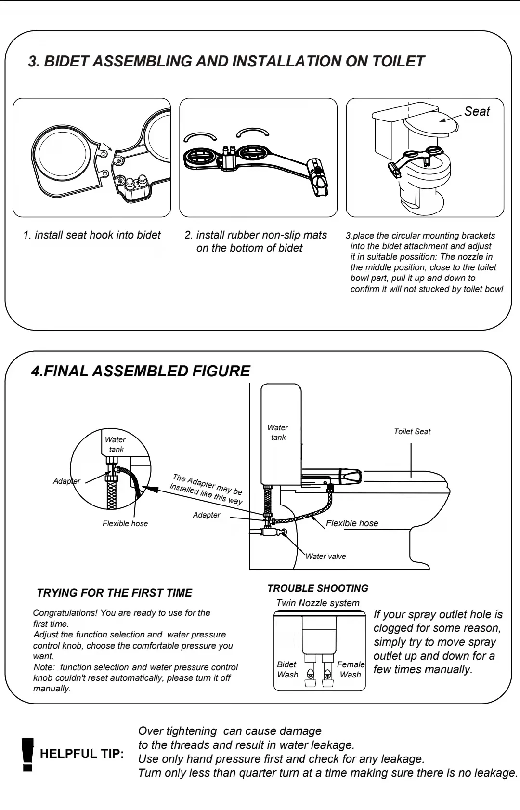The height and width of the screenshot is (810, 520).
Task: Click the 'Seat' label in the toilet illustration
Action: (477, 111)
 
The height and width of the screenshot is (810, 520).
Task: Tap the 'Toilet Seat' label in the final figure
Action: (412, 432)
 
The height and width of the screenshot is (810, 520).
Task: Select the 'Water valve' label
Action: (325, 556)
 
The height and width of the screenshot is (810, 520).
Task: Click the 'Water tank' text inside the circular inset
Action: (116, 444)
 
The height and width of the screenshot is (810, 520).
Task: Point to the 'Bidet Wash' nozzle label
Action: (287, 669)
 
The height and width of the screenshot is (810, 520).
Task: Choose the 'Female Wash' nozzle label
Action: (351, 669)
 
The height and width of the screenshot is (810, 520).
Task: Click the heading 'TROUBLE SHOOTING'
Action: (318, 588)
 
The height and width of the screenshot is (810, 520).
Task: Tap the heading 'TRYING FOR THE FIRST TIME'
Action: (115, 593)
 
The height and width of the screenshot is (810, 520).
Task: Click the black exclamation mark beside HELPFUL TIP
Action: (28, 755)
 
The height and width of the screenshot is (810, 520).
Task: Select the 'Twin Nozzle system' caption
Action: (318, 603)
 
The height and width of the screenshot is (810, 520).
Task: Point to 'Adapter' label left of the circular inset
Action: (66, 481)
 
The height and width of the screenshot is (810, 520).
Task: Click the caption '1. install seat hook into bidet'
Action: (92, 235)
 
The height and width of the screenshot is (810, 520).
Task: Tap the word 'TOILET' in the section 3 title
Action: (398, 61)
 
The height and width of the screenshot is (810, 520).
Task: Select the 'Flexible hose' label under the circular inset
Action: (125, 523)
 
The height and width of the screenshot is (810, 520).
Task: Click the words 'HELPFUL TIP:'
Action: (82, 754)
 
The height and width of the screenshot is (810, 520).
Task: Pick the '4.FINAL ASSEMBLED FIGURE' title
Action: (141, 371)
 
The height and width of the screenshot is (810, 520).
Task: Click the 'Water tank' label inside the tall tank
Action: (278, 432)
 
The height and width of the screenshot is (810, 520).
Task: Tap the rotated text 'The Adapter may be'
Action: (208, 484)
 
